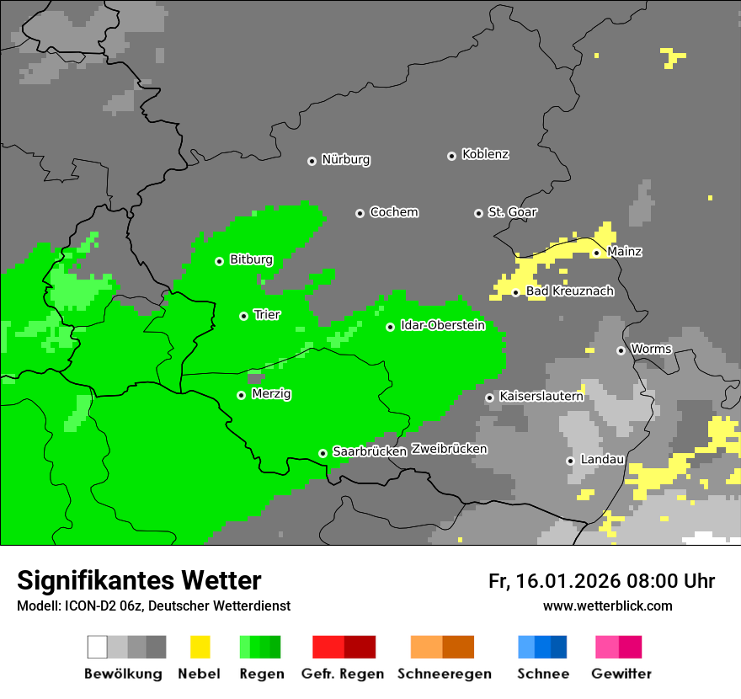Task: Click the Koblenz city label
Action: (485, 155)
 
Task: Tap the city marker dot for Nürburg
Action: (312, 161)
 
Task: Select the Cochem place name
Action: (393, 212)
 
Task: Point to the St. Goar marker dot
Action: (478, 213)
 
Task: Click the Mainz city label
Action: (624, 252)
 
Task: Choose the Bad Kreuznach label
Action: (569, 291)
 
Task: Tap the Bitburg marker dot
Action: (219, 261)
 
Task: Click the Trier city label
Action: (267, 315)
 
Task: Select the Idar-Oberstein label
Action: (442, 326)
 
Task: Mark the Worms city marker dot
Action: (621, 350)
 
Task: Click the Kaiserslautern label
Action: (541, 396)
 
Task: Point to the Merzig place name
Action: (271, 394)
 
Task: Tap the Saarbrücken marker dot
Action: (323, 453)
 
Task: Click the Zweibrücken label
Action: (449, 450)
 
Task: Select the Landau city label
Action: (602, 460)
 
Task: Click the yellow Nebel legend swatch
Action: (200, 647)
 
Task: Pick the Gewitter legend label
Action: (621, 674)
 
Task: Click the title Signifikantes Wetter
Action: (139, 581)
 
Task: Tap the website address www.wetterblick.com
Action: (607, 606)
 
